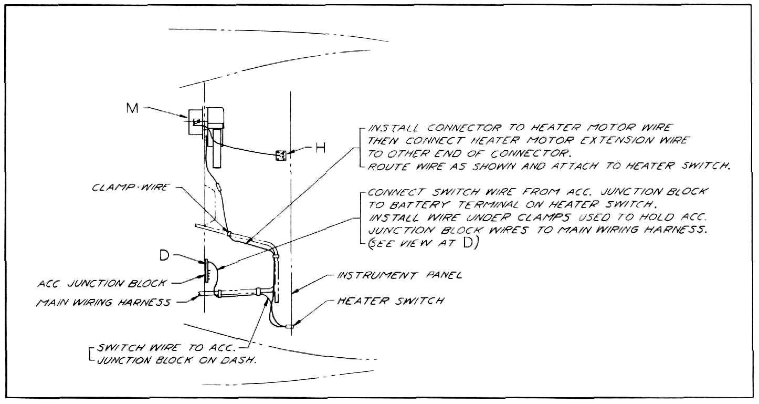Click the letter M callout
(x=132, y=108)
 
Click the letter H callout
(x=321, y=148)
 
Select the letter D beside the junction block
(x=164, y=255)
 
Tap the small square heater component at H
(x=281, y=156)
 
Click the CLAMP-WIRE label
(x=130, y=187)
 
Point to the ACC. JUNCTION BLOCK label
(x=102, y=283)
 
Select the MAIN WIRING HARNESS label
(x=103, y=302)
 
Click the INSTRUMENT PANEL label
(x=399, y=275)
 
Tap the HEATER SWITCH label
(x=391, y=301)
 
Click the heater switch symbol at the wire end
(x=290, y=326)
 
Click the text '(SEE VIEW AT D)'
(x=423, y=243)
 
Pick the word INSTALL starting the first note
(x=393, y=128)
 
